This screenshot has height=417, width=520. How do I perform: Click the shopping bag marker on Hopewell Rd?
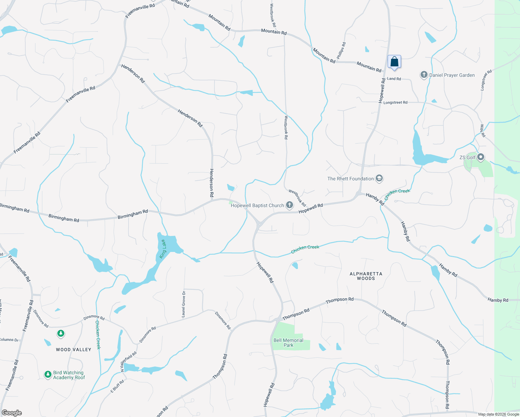[x=394, y=62]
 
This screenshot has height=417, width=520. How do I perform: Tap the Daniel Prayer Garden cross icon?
[x=424, y=75]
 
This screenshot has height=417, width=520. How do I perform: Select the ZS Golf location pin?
[x=481, y=157]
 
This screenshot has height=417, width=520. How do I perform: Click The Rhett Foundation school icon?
[x=379, y=179]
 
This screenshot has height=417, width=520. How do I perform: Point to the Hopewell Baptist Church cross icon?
[x=289, y=205]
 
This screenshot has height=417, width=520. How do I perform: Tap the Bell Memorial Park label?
[x=288, y=343]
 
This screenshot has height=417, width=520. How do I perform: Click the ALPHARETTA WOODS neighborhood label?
[x=366, y=276]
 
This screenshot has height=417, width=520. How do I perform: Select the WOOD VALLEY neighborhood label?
[x=74, y=350]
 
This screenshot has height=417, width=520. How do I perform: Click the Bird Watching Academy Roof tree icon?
[x=48, y=375]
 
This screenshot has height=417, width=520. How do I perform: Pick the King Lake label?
[x=163, y=249]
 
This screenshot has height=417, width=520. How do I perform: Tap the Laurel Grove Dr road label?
[x=184, y=304]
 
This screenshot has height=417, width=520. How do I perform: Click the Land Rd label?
[x=394, y=79]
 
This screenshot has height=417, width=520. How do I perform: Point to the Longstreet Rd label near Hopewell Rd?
[x=395, y=103]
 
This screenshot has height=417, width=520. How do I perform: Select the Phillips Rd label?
[x=341, y=51]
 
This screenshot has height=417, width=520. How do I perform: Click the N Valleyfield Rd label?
[x=129, y=362]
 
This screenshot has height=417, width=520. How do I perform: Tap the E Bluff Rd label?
[x=117, y=386]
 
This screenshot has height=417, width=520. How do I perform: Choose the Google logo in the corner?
[x=12, y=413]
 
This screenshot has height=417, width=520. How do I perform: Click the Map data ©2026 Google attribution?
[x=498, y=414]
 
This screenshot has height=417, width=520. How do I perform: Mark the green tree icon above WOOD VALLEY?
[x=61, y=334]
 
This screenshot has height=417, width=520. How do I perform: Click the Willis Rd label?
[x=482, y=130]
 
